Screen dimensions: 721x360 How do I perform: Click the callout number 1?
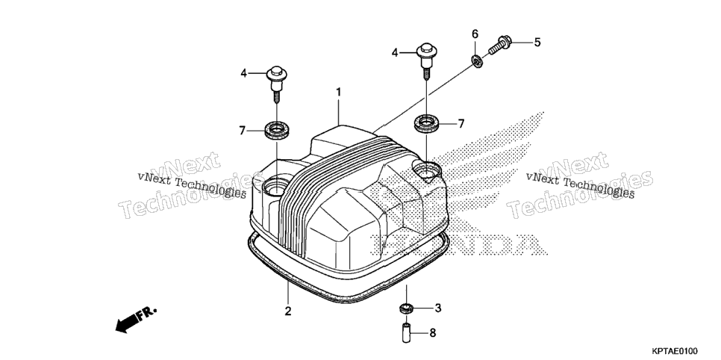[x=339, y=92]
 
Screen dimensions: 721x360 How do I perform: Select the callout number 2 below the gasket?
[x=288, y=311]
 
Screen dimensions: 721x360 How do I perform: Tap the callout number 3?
[x=437, y=308]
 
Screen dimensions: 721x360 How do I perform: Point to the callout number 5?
[x=537, y=43]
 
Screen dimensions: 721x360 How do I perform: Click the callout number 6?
[x=475, y=34]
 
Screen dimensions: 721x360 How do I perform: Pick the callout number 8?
[x=432, y=332]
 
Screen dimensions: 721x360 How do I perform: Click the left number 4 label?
[x=244, y=72]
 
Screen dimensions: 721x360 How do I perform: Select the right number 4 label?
[x=395, y=53]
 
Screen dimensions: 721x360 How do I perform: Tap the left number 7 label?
[x=243, y=131]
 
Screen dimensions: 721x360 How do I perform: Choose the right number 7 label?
[x=461, y=123]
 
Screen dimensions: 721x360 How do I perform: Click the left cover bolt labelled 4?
[x=277, y=84]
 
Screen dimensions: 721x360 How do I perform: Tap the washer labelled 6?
[x=476, y=60]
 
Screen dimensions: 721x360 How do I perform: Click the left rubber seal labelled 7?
[x=277, y=128]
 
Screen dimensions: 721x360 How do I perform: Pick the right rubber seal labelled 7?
[x=426, y=122]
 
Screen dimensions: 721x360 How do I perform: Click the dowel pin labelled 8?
[x=406, y=333]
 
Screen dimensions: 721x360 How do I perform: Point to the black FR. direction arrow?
[x=136, y=319]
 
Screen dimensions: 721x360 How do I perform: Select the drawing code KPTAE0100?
[x=674, y=351]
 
